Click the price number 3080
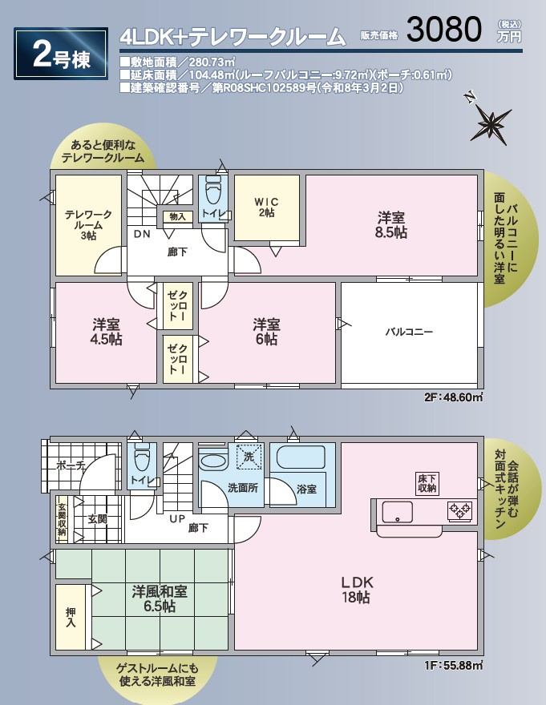(x=444, y=30)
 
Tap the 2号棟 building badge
(x=61, y=54)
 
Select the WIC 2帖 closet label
(x=266, y=207)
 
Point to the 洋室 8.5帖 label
(x=391, y=225)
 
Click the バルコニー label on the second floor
(x=409, y=332)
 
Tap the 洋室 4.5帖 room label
(x=106, y=332)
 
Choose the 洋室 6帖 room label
(x=266, y=332)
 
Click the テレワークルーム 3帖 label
(x=88, y=225)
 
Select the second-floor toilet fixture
(x=213, y=190)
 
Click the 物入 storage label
(x=177, y=216)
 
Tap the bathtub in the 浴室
(x=301, y=457)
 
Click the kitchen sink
(x=398, y=512)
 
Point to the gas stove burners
(x=459, y=510)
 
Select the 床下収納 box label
(x=427, y=483)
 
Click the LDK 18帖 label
(x=356, y=590)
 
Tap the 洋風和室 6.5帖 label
(x=160, y=598)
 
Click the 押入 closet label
(x=71, y=618)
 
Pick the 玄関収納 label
(x=62, y=519)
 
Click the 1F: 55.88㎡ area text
(x=453, y=664)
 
